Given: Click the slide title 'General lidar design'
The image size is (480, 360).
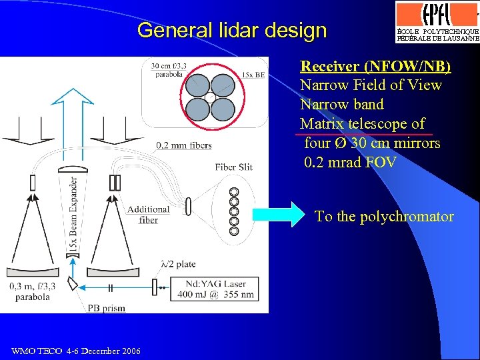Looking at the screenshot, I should (232, 30).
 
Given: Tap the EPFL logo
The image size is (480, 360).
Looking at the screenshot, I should (437, 15).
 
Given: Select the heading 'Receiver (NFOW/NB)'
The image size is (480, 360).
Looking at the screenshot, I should (375, 66).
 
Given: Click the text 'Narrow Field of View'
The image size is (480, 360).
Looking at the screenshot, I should (371, 85).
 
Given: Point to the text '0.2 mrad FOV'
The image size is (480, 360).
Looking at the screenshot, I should (349, 162).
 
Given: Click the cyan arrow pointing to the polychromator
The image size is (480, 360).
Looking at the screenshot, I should (278, 215).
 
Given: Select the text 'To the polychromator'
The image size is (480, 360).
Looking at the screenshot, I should (384, 217).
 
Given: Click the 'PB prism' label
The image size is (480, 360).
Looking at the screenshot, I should (106, 308).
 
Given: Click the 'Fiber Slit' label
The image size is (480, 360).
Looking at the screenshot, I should (233, 167).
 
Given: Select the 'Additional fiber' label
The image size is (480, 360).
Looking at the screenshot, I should (148, 214).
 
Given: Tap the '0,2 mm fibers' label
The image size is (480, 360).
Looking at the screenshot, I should (183, 145).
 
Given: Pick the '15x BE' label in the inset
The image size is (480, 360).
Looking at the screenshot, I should (254, 75).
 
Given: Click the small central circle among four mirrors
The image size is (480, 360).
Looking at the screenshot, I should (210, 97).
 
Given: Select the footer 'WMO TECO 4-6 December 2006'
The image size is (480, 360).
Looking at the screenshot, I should (76, 351).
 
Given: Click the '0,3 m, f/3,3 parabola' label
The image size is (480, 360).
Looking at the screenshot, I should (32, 291).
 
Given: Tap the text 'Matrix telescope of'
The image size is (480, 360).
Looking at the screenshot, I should (362, 124).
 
